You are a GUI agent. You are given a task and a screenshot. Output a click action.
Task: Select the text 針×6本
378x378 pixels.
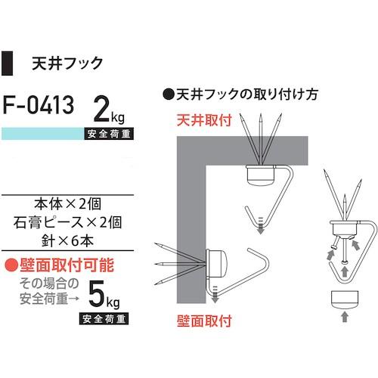tap(70, 241)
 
